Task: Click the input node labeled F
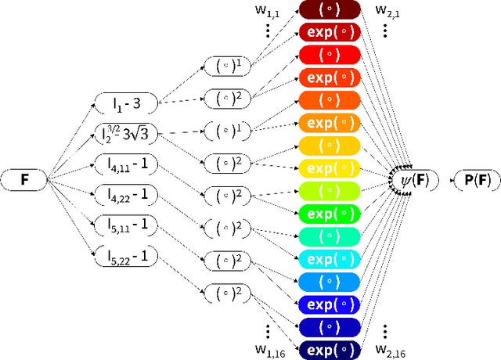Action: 24,179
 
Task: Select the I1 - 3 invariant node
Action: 126,101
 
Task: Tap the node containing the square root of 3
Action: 126,134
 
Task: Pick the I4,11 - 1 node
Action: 126,164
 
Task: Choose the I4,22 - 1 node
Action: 126,193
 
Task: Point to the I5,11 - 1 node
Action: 126,224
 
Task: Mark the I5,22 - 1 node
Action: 126,254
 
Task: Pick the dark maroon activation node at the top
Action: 328,10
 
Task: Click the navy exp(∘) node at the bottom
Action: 328,349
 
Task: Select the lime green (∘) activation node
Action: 328,190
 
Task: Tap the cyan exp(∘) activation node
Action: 328,258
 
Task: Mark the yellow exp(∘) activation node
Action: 328,167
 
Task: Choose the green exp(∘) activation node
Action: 328,213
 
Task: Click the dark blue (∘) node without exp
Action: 328,326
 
